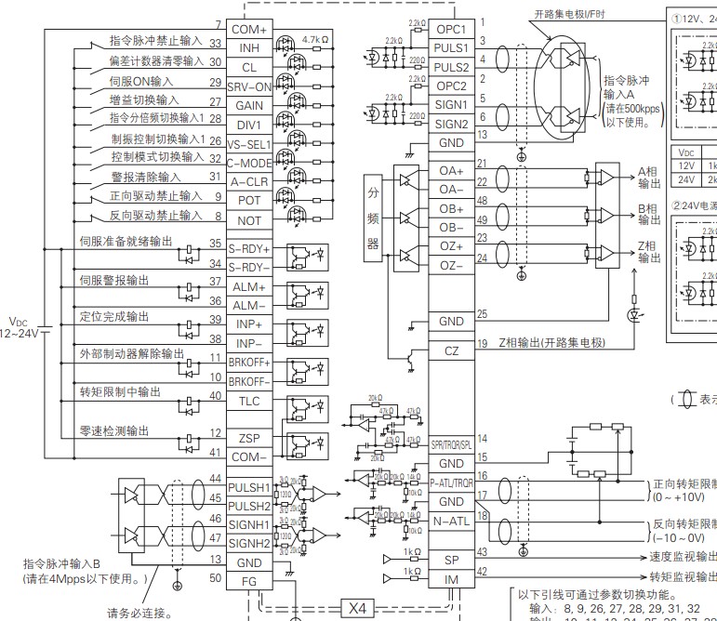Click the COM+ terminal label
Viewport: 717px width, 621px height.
pos(249,29)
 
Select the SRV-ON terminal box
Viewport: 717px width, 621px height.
pos(249,86)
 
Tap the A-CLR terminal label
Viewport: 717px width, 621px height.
pos(249,182)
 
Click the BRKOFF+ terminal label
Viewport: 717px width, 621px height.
pos(249,362)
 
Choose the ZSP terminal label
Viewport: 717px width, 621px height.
pos(249,438)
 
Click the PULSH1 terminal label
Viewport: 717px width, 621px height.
pos(249,487)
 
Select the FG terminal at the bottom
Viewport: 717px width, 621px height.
pos(249,581)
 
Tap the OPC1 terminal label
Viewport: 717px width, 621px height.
pos(451,29)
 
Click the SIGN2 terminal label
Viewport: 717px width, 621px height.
pos(451,124)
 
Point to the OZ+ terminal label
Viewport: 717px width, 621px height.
pos(451,246)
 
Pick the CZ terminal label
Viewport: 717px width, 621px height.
pos(451,350)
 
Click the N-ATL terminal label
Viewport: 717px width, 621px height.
pos(451,522)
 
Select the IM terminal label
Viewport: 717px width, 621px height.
pos(451,580)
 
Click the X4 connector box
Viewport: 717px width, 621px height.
pos(358,608)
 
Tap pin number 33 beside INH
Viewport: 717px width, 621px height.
pos(215,43)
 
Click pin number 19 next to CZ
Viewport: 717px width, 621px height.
pos(483,344)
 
